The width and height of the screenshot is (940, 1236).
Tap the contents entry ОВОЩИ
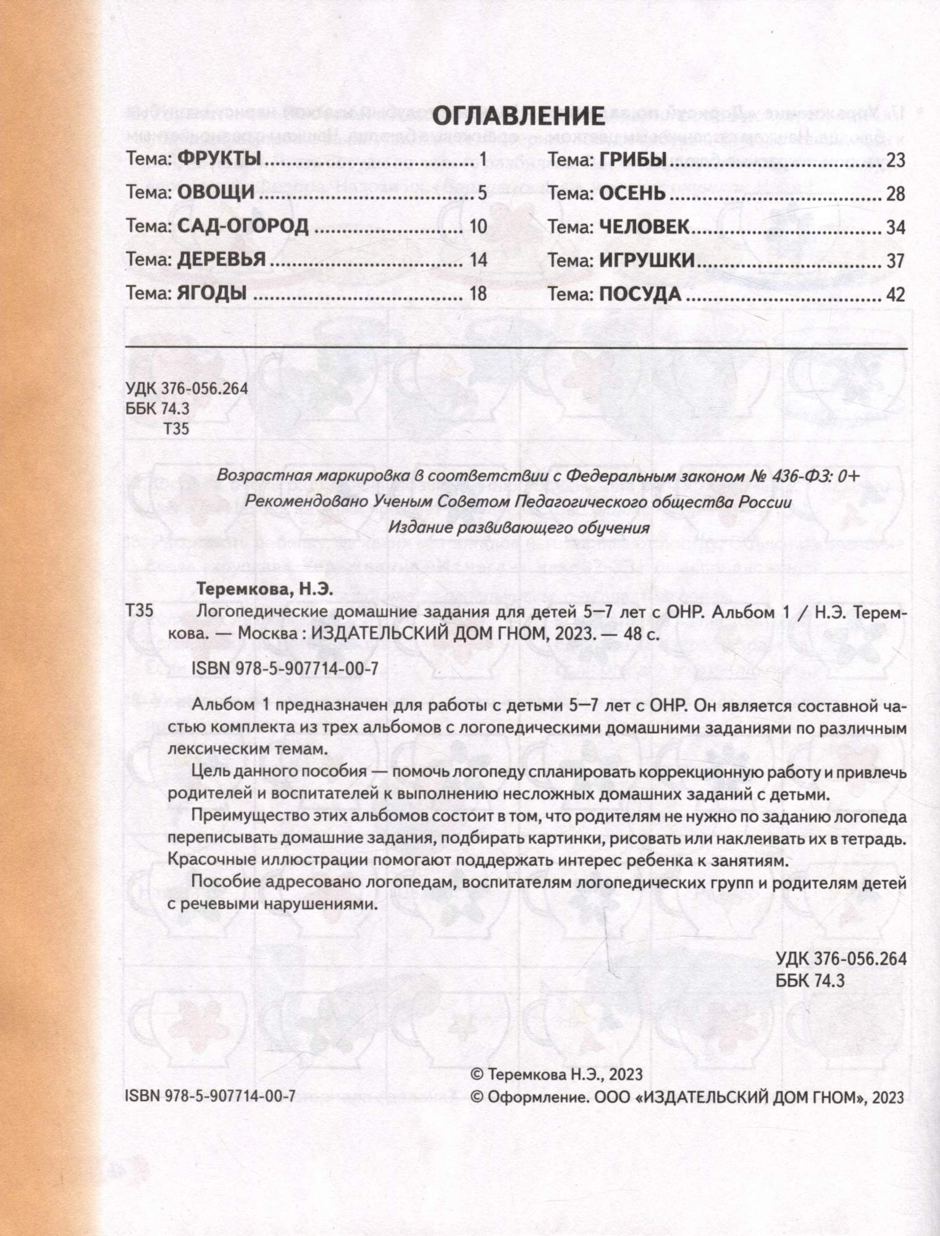tap(216, 193)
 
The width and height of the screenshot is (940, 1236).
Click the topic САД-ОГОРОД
tap(243, 226)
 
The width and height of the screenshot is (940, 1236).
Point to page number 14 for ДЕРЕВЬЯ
tap(478, 260)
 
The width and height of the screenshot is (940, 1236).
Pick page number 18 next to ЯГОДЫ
tap(478, 294)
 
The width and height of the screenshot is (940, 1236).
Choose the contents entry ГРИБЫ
tap(632, 159)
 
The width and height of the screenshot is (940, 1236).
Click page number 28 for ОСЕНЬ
tap(895, 194)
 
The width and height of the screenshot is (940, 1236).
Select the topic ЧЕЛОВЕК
tap(644, 227)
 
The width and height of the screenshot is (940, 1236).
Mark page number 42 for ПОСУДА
tap(895, 294)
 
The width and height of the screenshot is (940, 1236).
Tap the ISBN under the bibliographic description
tap(285, 669)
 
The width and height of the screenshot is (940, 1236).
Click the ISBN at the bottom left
tap(210, 1096)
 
